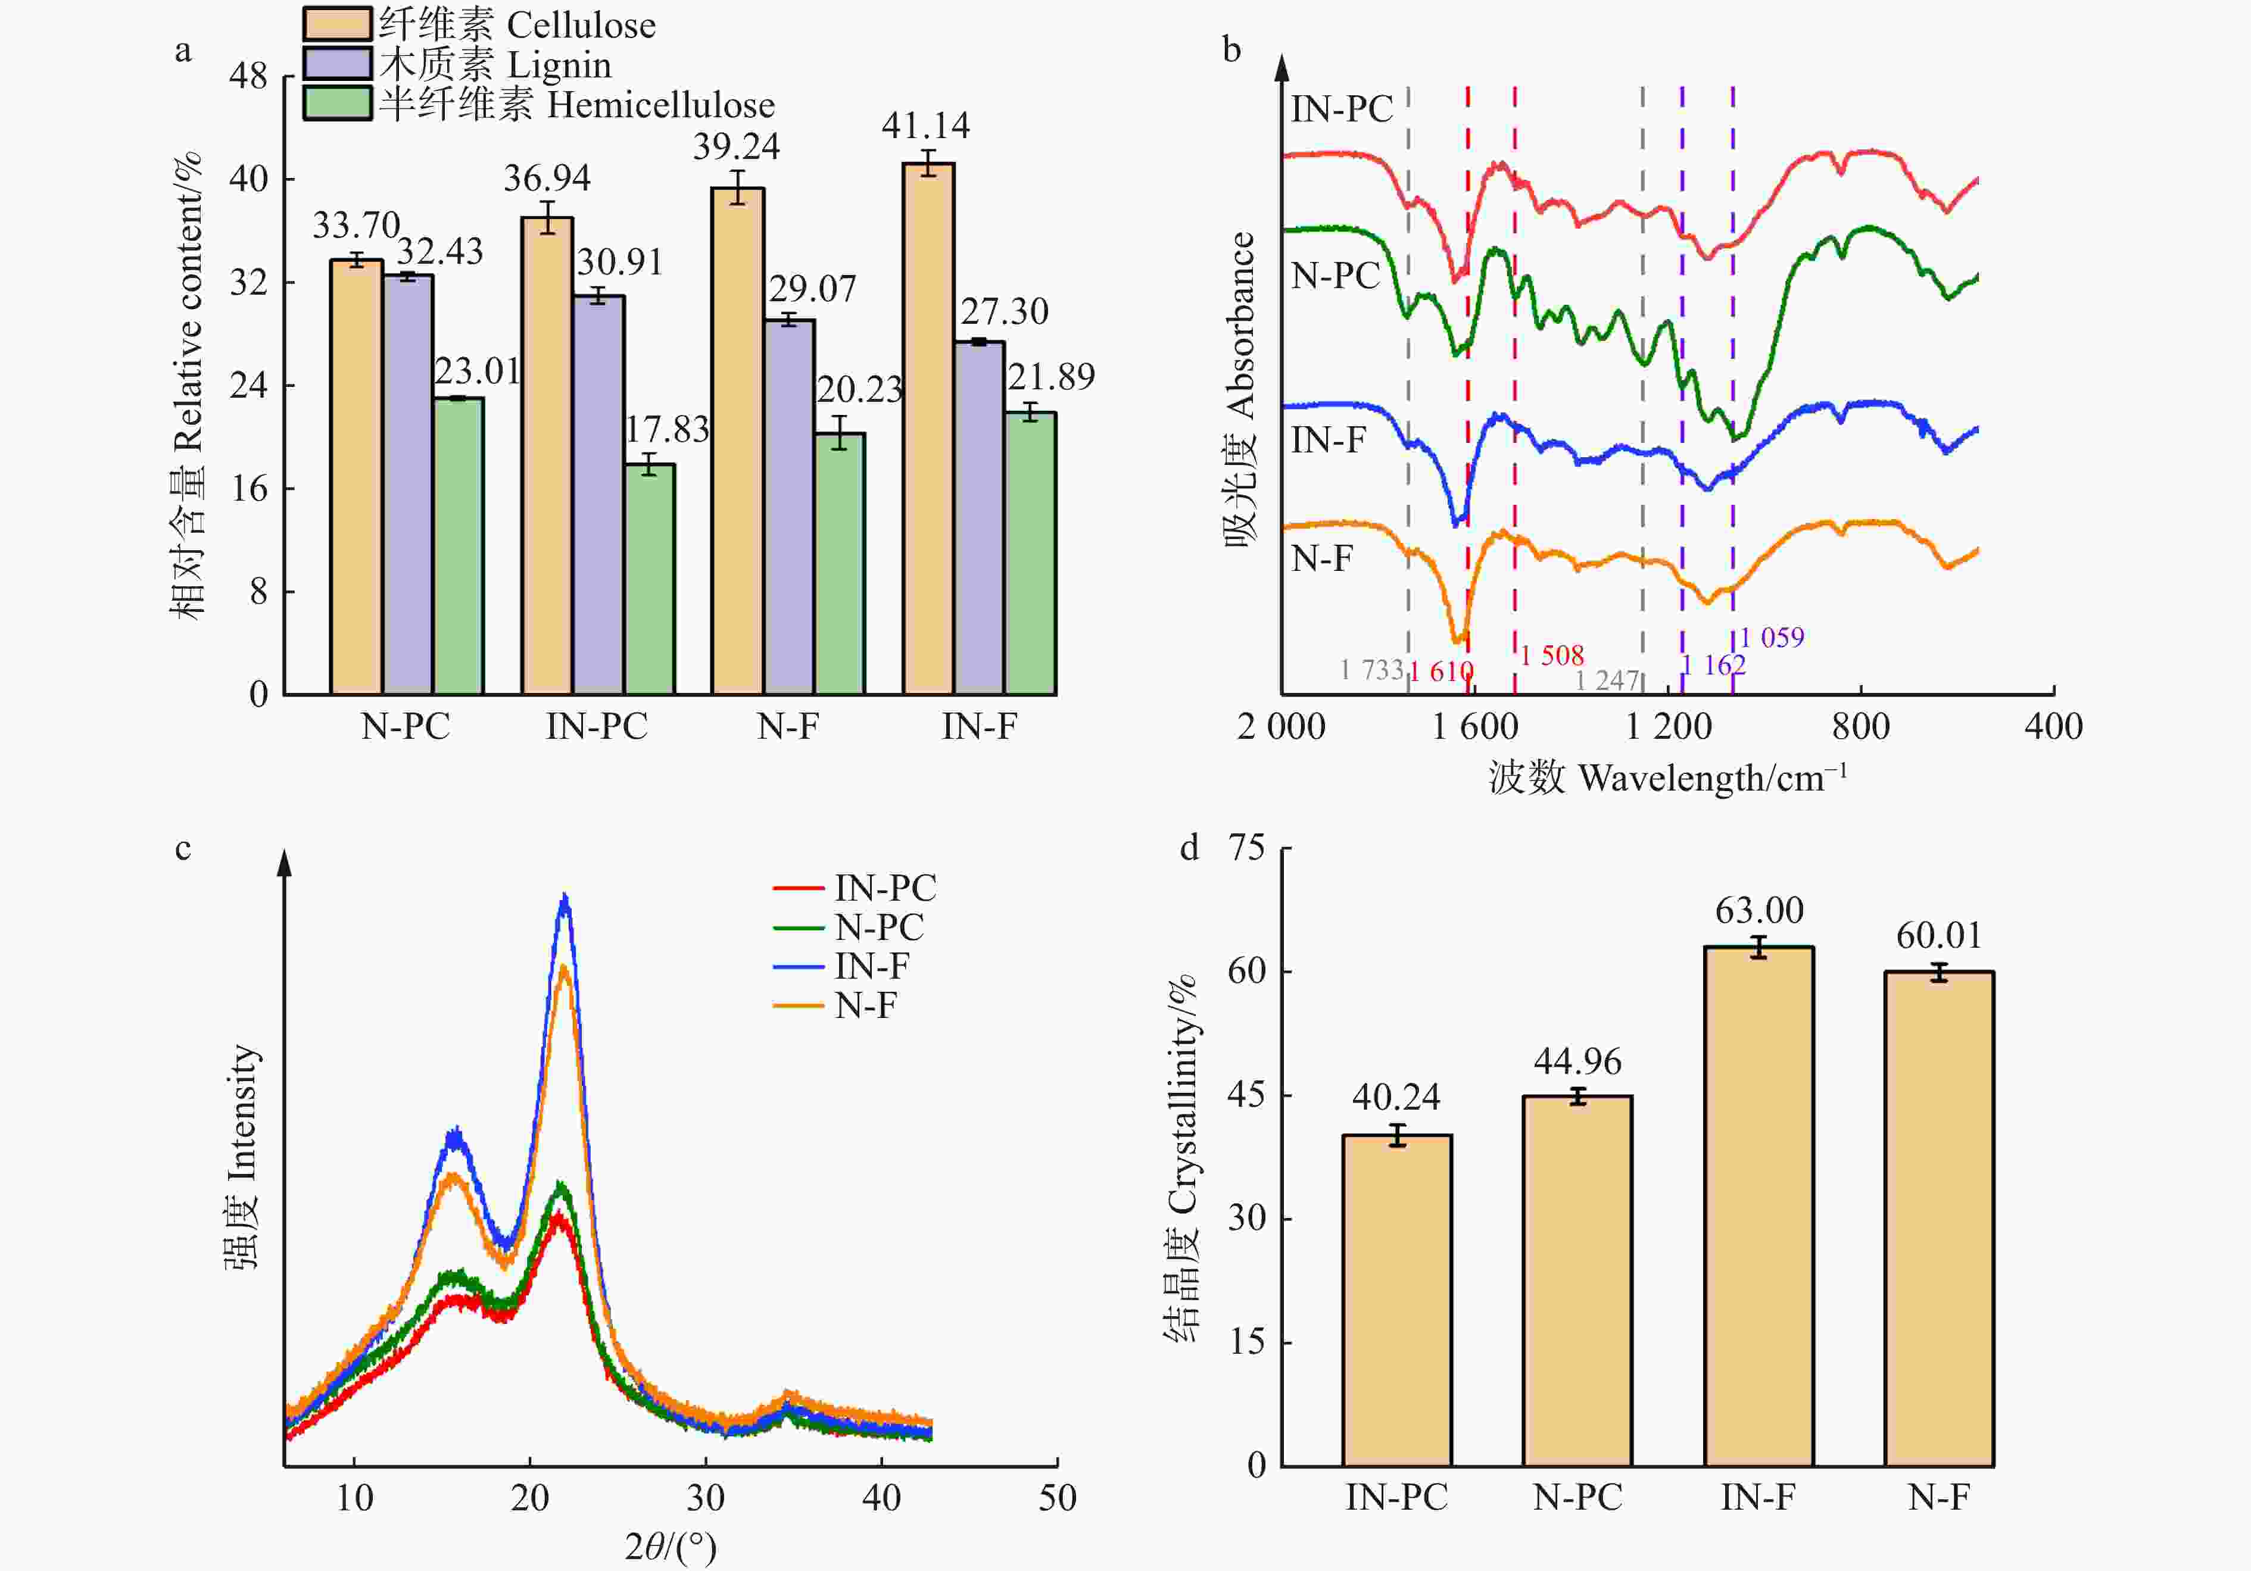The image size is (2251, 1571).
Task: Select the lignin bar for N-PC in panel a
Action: (x=408, y=485)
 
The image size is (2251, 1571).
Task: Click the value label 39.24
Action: (x=736, y=147)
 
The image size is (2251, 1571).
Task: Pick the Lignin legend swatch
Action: (x=337, y=64)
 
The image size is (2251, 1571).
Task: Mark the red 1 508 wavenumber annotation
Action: (x=1552, y=655)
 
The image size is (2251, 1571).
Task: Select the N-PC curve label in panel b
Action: (x=1335, y=276)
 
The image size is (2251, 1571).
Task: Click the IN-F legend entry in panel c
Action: (x=871, y=966)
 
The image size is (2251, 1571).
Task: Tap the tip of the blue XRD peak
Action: (x=564, y=897)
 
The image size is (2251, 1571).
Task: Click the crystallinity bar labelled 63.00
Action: (x=1759, y=1205)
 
